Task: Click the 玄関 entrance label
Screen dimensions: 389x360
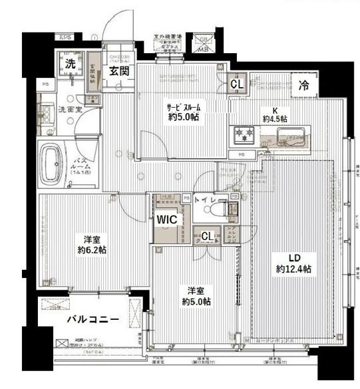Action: point(120,71)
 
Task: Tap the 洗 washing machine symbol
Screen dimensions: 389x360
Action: point(69,65)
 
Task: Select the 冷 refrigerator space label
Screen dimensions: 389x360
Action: point(303,85)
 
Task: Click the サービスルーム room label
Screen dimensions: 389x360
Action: point(183,106)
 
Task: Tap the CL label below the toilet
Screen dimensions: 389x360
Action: point(208,236)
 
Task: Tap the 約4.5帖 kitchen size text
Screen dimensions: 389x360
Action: point(274,119)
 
